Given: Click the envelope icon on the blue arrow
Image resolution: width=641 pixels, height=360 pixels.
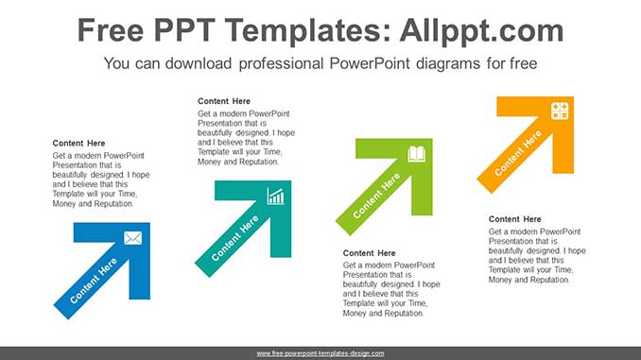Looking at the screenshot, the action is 133,238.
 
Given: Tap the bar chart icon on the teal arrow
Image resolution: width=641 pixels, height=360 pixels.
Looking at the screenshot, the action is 275,197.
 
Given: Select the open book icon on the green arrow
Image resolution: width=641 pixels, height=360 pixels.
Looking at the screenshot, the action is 417,154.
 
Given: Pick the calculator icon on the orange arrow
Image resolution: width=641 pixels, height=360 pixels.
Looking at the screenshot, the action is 560,111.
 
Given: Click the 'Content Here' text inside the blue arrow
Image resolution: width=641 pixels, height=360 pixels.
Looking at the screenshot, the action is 94,281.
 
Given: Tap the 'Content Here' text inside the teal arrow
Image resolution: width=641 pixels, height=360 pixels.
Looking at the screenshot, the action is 235,238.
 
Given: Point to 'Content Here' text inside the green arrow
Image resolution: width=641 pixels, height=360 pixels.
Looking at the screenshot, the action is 376,196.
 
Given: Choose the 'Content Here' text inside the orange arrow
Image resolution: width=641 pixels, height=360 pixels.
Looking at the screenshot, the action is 517,153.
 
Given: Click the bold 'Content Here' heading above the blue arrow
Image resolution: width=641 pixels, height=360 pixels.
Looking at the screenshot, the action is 78,143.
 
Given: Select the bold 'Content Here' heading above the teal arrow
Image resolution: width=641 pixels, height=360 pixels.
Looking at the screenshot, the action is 224,101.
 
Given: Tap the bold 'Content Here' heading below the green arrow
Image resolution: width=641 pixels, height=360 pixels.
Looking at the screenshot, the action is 369,253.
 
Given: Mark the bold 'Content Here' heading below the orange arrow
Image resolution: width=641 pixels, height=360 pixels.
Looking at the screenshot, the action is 514,219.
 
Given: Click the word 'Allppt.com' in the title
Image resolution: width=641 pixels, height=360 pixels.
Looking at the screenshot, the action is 481,30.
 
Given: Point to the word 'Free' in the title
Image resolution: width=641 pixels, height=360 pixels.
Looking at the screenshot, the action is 111,30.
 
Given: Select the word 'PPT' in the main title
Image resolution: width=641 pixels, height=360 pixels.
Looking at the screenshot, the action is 184,30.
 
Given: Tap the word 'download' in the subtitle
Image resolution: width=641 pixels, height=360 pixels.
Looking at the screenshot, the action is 199,63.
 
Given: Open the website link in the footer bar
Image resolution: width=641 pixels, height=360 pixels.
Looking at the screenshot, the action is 320,353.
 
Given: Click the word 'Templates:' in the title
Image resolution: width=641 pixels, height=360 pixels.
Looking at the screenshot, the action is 308,30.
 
